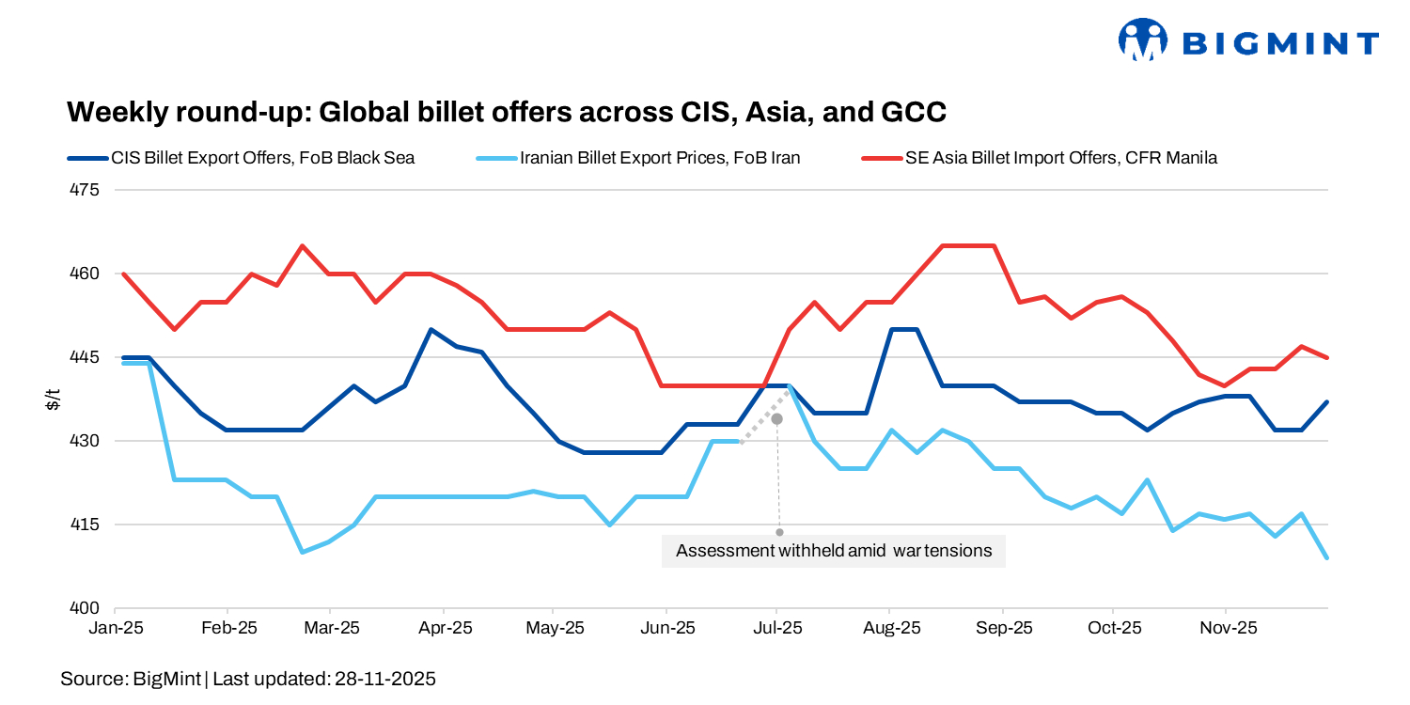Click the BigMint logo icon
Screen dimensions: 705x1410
coord(1141,40)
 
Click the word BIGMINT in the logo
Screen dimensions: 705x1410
coord(1280,43)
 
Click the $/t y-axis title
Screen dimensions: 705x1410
coord(54,399)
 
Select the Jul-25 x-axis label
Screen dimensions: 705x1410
coord(777,627)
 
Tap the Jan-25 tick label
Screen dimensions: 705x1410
coord(116,627)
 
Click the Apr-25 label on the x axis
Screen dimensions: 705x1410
coord(444,627)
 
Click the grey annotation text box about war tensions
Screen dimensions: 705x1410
coord(834,551)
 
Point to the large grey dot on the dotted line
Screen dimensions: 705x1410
coord(777,418)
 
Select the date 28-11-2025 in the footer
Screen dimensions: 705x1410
coord(385,678)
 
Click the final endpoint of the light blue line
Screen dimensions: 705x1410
coord(1326,558)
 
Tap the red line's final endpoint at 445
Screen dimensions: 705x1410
coord(1326,358)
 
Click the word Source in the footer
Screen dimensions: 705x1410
coord(91,678)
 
